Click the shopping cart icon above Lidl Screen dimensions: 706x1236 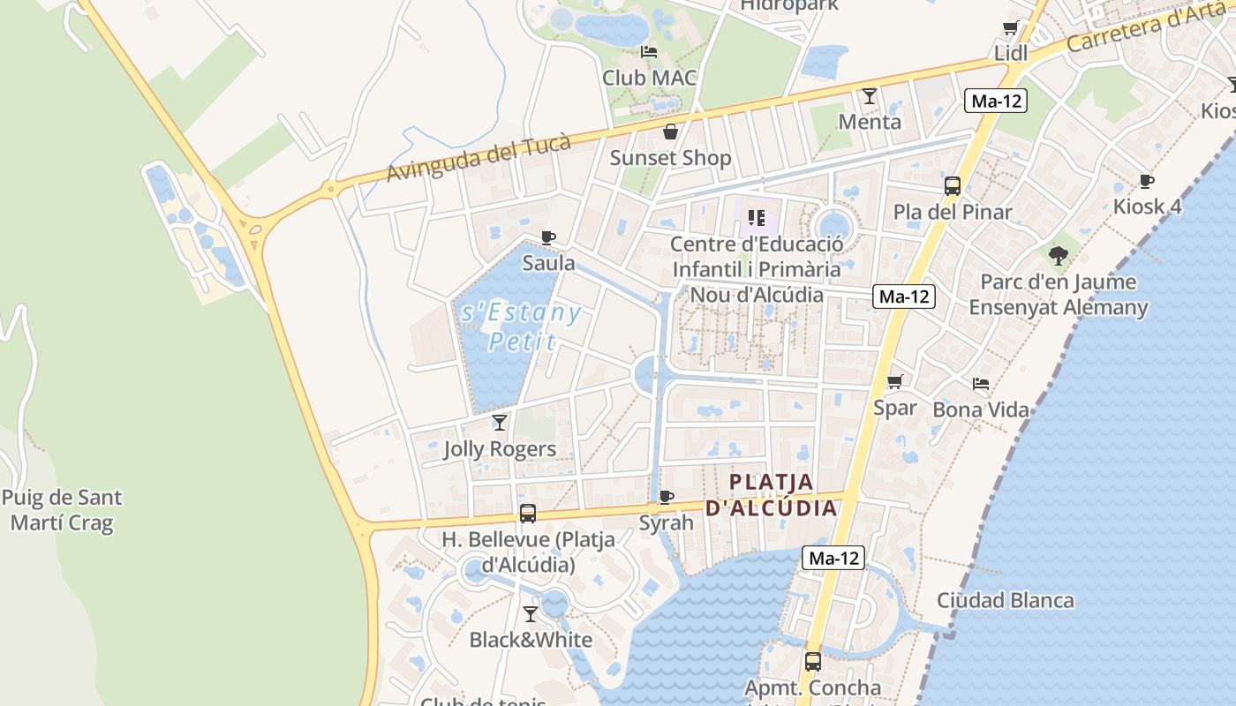1010,28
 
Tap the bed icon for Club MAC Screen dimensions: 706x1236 649,52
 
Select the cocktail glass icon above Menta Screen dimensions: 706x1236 870,95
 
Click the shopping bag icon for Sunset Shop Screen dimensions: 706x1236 671,132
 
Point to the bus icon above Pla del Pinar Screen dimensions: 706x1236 953,186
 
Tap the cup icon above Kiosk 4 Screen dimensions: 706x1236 1147,181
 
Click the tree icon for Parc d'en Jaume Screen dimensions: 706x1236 1059,256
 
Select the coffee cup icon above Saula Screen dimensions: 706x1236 548,237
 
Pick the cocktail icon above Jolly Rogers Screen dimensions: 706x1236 500,423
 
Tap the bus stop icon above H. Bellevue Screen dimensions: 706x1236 528,513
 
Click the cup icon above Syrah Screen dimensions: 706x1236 667,497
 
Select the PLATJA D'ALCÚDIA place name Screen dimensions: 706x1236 771,495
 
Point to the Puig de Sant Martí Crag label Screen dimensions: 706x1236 62,510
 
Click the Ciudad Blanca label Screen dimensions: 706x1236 1006,601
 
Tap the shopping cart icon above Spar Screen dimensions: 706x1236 895,381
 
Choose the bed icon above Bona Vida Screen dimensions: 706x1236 980,384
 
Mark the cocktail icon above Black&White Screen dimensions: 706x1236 531,613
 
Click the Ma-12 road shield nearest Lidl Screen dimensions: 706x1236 995,101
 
